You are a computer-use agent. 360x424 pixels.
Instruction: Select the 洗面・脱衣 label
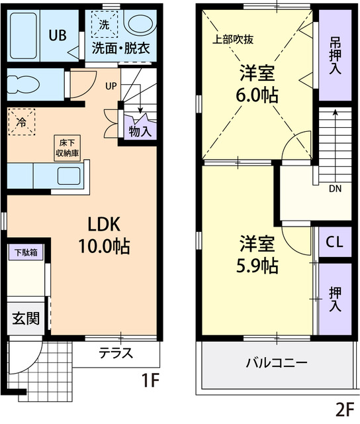click(x=120, y=48)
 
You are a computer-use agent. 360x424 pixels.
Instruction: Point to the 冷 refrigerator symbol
click(x=22, y=122)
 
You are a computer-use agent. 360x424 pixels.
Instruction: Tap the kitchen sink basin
click(x=69, y=176)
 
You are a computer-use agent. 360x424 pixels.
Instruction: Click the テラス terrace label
click(x=116, y=352)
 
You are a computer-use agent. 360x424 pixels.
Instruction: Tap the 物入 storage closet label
click(x=140, y=131)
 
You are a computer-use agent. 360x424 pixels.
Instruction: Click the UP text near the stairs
click(x=111, y=85)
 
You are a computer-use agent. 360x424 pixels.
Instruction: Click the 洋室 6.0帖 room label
click(x=257, y=83)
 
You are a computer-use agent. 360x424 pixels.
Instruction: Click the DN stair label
click(x=336, y=188)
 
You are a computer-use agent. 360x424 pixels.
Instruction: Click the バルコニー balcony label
click(x=276, y=363)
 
